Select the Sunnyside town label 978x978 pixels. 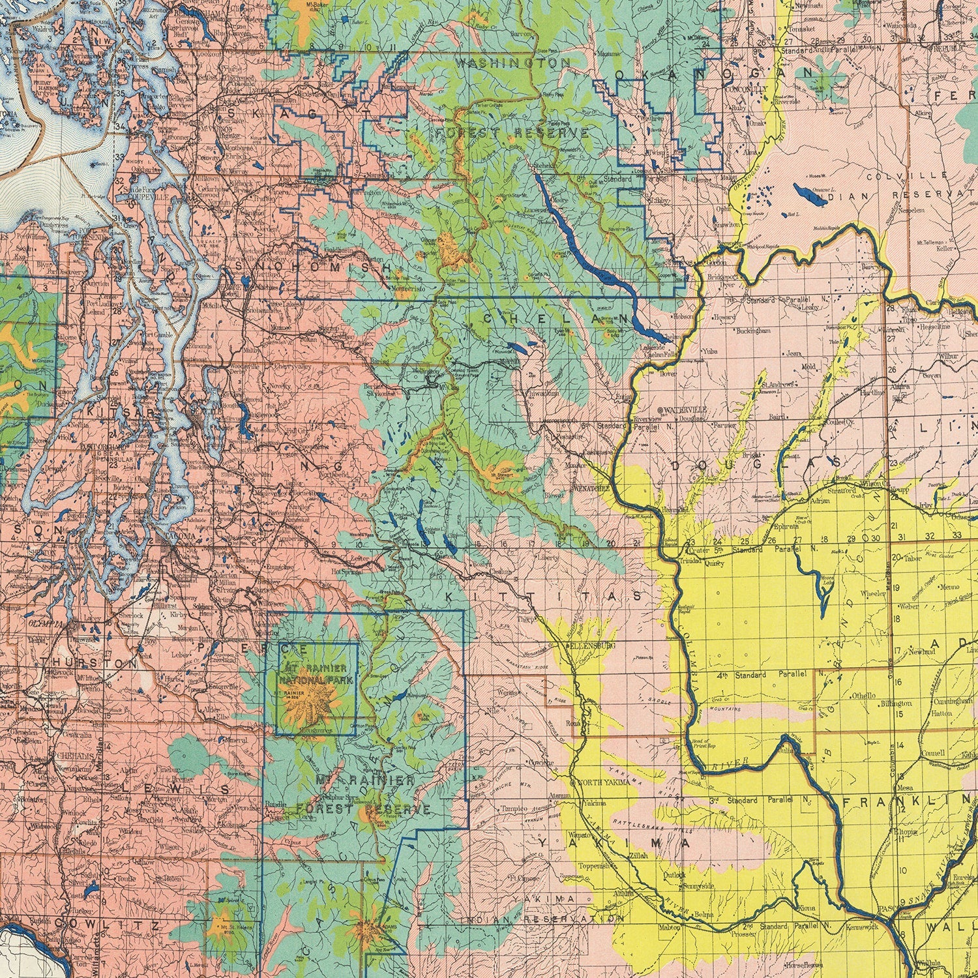[x=698, y=886]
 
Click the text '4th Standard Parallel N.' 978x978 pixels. [x=765, y=674]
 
